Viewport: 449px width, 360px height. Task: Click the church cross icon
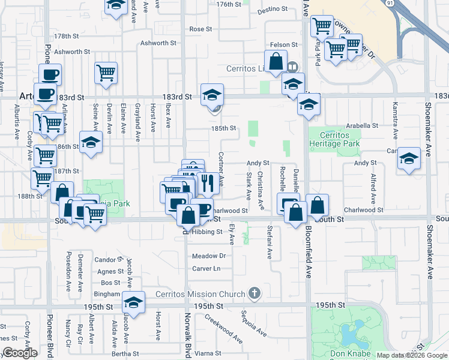pyautogui.click(x=255, y=293)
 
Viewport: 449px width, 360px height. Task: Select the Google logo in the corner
pyautogui.click(x=19, y=353)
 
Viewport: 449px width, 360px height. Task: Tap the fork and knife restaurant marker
pyautogui.click(x=208, y=182)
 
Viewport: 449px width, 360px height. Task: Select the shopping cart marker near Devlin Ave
pyautogui.click(x=106, y=73)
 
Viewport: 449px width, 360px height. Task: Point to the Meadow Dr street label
pyautogui.click(x=208, y=256)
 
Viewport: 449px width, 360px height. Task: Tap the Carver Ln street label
pyautogui.click(x=206, y=268)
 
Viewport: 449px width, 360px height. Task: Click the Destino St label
pyautogui.click(x=270, y=11)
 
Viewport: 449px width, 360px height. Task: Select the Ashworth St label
pyautogui.click(x=158, y=43)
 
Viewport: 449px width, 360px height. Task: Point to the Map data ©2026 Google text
pyautogui.click(x=412, y=356)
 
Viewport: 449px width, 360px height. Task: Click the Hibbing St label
pyautogui.click(x=207, y=232)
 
